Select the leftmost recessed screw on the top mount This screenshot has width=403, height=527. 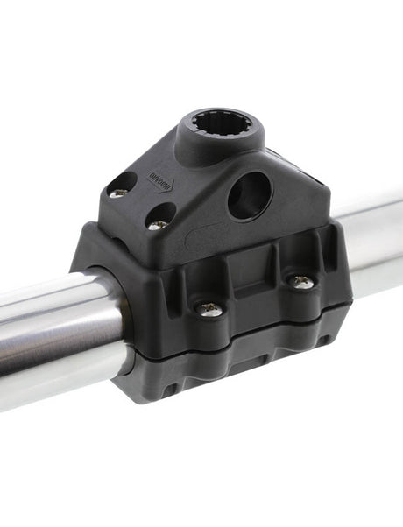(117, 190)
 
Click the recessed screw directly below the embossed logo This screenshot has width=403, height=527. (158, 223)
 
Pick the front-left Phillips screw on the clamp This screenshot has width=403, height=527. (209, 308)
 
